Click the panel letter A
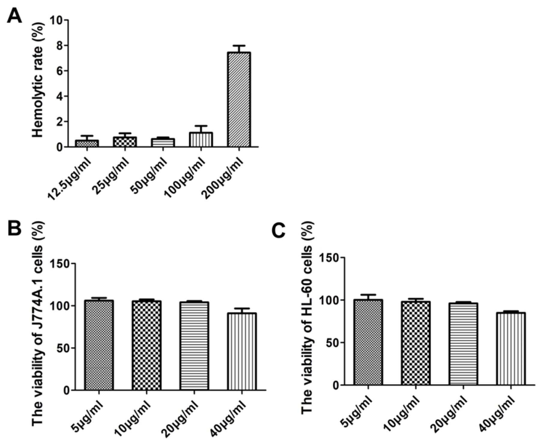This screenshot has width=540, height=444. point(14,16)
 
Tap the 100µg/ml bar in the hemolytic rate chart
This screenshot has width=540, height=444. point(201,140)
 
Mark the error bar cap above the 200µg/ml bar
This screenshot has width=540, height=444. point(239,46)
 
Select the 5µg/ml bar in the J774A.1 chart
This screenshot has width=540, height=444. point(99,345)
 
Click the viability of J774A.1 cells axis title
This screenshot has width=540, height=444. point(38,323)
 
